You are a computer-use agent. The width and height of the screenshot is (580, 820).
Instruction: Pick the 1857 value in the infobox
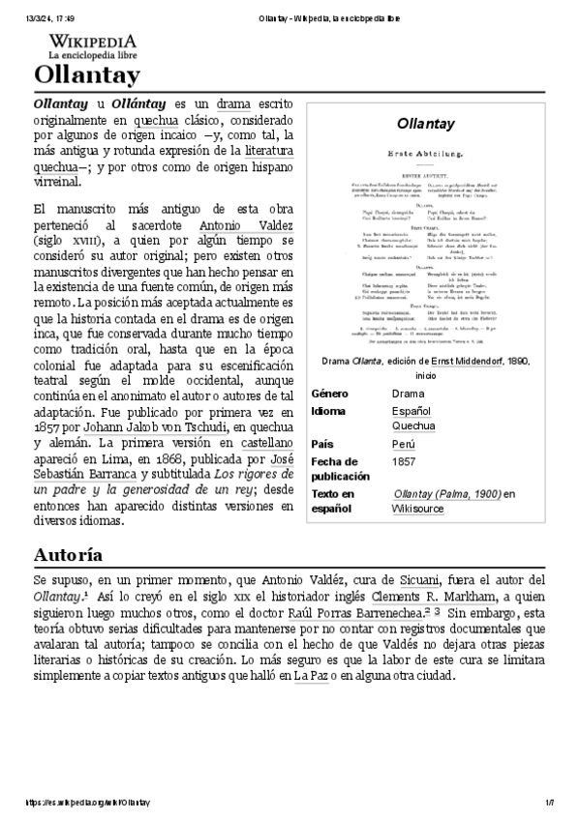click(x=404, y=462)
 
